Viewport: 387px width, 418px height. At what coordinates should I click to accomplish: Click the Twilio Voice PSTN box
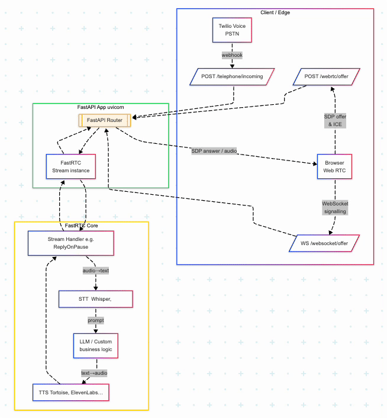[231, 30]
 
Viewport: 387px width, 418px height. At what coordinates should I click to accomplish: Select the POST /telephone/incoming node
[232, 76]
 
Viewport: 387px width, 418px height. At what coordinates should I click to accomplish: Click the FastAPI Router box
[105, 120]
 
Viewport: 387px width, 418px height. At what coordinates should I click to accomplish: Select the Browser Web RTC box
[335, 166]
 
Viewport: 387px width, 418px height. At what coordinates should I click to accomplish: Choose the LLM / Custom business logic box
[95, 345]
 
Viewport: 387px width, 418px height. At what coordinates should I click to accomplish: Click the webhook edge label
[232, 54]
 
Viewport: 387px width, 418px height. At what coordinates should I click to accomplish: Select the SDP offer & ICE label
[335, 120]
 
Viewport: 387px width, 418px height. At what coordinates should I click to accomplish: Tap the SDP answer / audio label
[214, 151]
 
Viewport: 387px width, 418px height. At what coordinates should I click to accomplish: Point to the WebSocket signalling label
[335, 207]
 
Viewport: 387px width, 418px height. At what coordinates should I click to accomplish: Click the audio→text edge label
[95, 271]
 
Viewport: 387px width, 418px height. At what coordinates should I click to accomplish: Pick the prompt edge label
[95, 320]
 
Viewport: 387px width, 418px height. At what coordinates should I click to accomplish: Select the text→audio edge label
[94, 372]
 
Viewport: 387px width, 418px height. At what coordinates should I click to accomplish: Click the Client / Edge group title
[275, 12]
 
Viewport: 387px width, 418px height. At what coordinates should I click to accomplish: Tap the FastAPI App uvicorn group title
[101, 107]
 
